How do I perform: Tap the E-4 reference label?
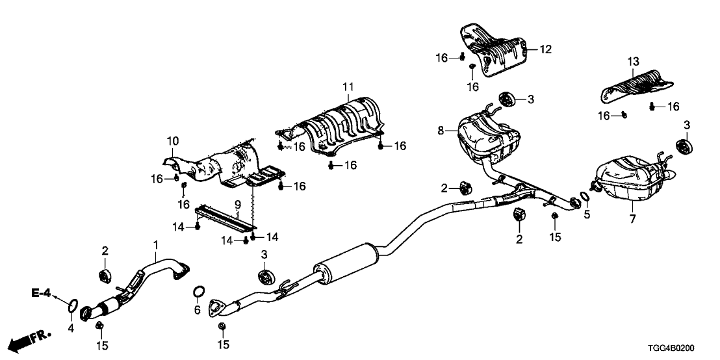tap(41, 294)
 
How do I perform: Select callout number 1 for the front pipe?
tap(156, 244)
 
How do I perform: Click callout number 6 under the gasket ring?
tap(198, 311)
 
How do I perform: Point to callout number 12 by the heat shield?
tap(545, 49)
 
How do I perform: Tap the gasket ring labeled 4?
tap(73, 303)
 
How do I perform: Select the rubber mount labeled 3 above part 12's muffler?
tap(507, 99)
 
